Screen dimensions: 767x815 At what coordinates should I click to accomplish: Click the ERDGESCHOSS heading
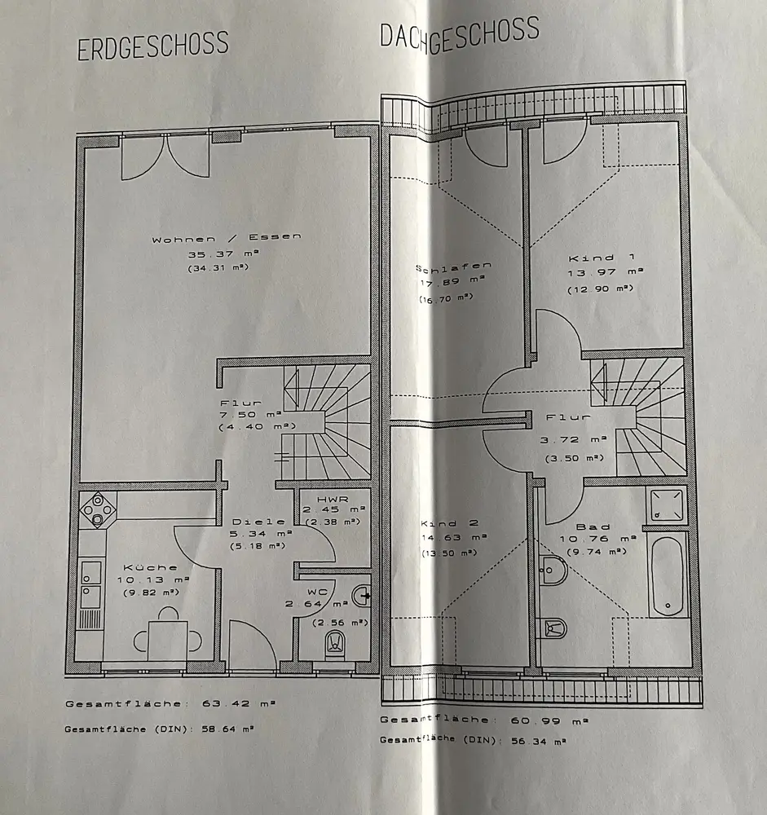coord(152,46)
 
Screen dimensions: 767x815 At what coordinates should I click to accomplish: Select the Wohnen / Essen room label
coord(226,239)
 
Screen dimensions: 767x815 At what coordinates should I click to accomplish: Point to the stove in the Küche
coord(99,510)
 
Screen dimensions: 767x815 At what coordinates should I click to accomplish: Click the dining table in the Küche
coord(168,638)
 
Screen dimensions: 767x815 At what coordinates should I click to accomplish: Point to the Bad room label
coord(593,526)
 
